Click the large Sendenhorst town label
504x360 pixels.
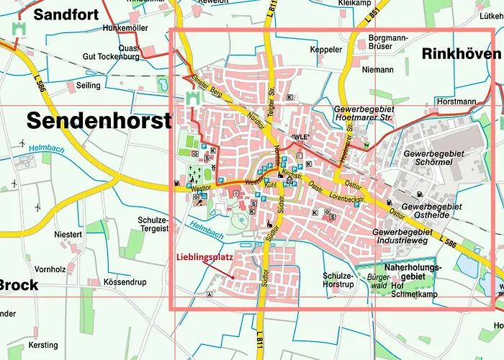99,120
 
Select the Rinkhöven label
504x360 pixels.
461,54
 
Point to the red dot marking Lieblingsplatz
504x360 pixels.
233,277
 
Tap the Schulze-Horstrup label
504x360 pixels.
338,280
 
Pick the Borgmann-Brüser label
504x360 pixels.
388,42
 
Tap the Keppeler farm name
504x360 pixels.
325,50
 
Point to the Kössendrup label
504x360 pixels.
124,282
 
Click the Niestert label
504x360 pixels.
69,235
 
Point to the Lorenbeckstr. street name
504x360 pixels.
348,197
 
